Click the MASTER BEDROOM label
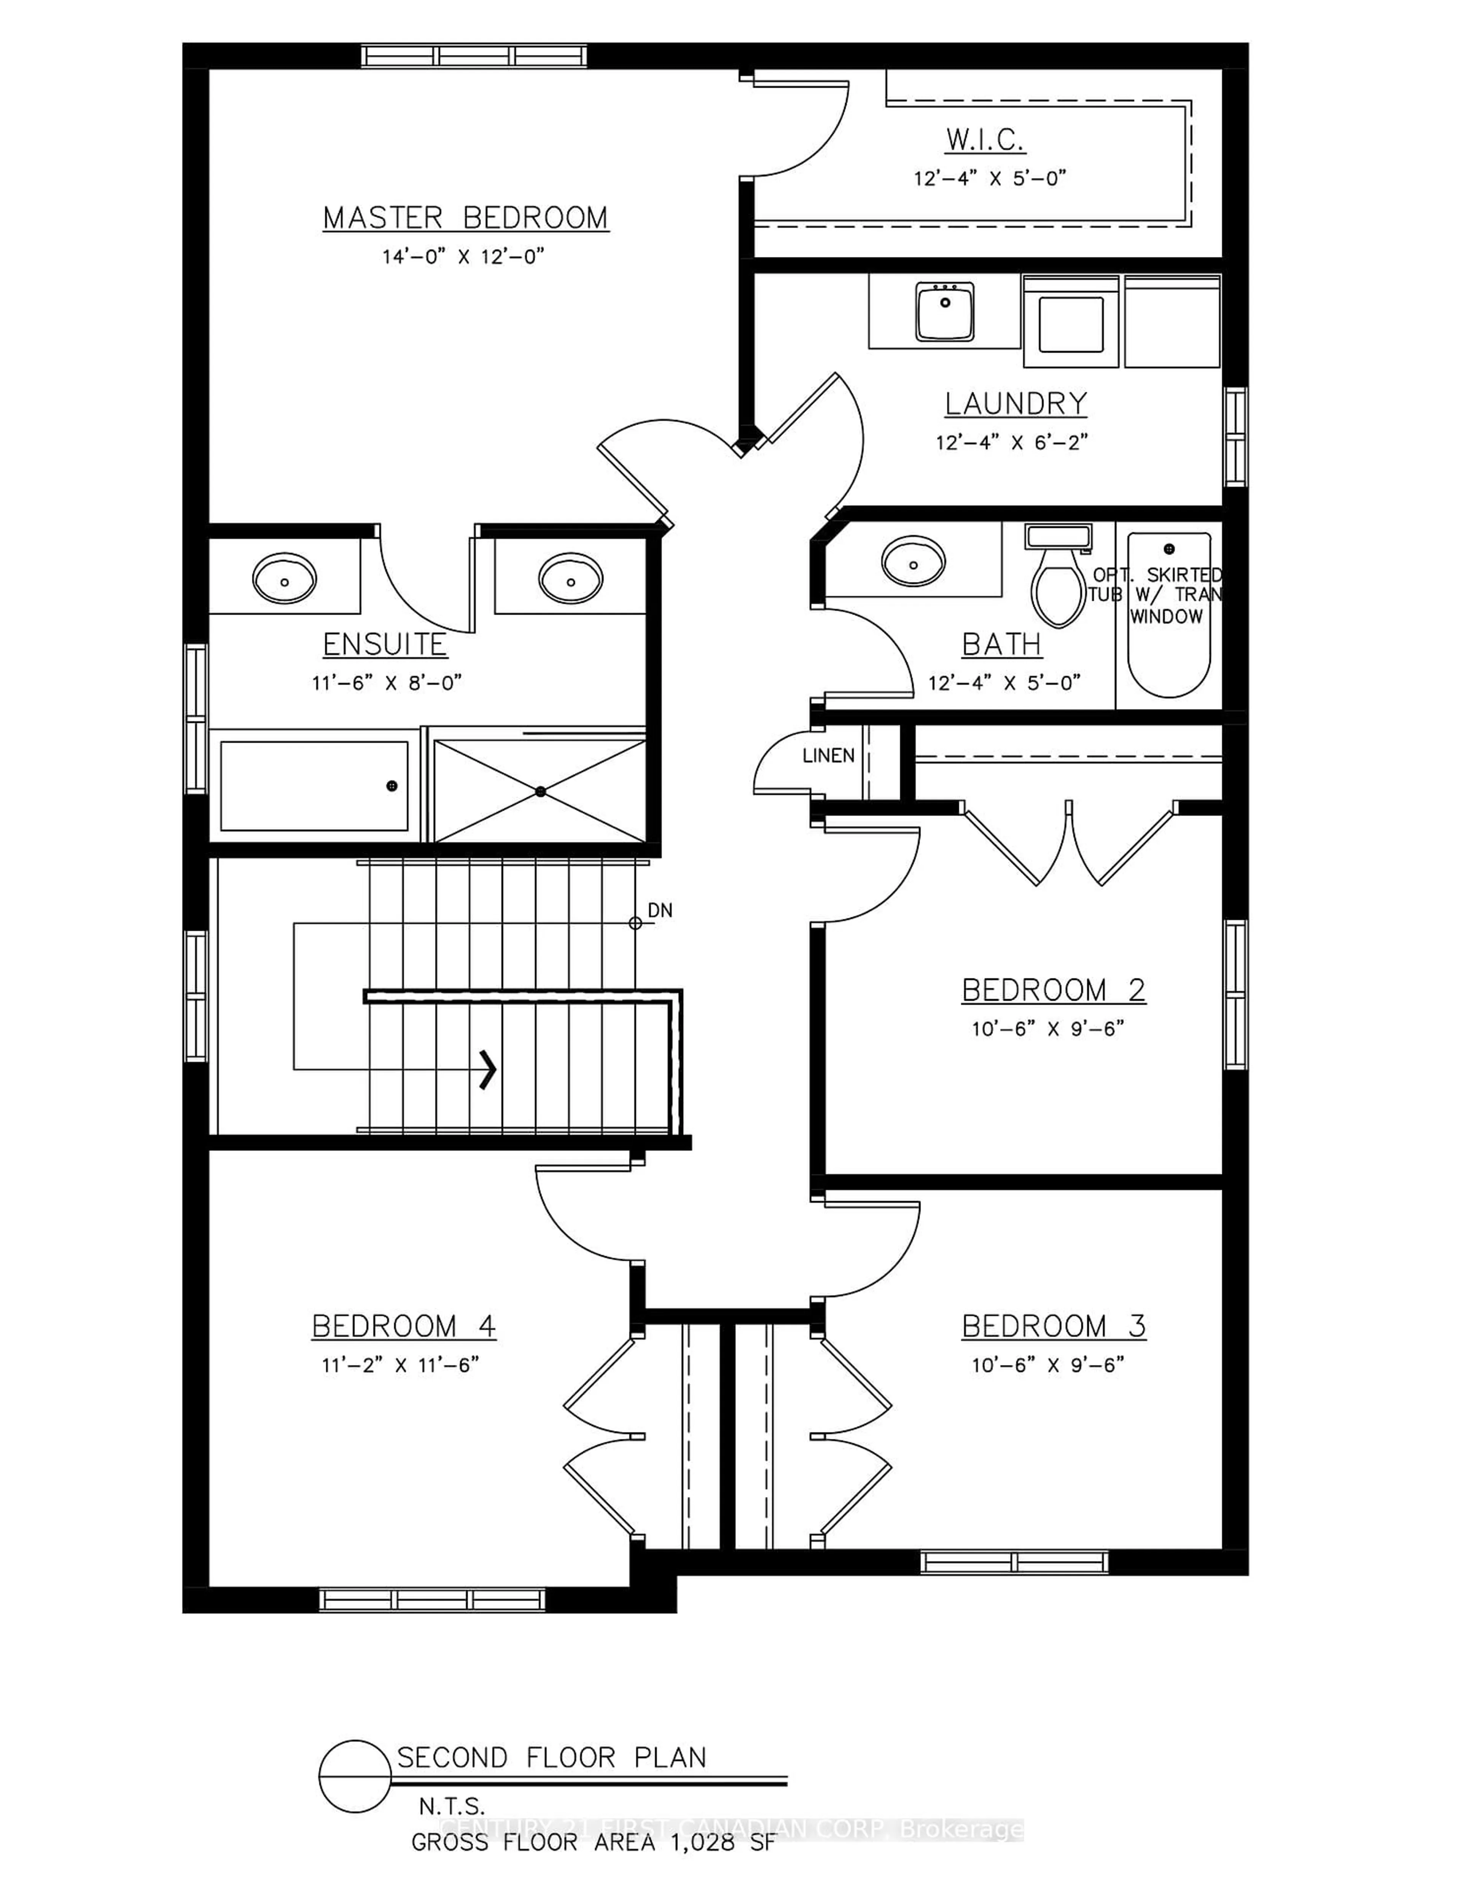466,217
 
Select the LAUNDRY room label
1015,403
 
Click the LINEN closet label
828,756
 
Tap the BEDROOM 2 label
1054,990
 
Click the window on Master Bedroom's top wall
473,56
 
